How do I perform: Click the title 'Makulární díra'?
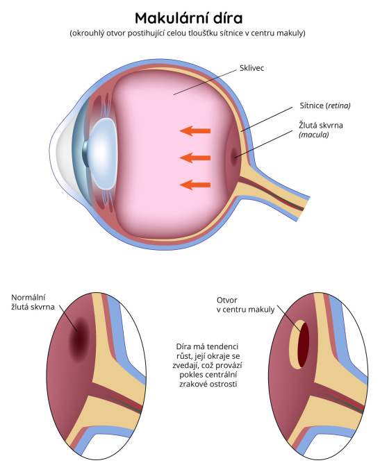(x=189, y=18)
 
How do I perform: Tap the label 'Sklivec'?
(x=251, y=68)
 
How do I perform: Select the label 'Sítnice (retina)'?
(x=325, y=106)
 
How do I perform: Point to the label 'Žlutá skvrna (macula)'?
(x=321, y=130)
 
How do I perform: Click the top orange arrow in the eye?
(x=195, y=131)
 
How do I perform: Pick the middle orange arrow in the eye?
(x=195, y=158)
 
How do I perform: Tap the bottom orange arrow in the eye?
(x=195, y=185)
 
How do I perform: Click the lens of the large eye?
(x=103, y=153)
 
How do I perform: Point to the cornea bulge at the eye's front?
(x=62, y=153)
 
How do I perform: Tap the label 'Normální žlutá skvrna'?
(x=33, y=302)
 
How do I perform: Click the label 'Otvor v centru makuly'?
(x=246, y=305)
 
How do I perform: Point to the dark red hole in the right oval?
(x=304, y=345)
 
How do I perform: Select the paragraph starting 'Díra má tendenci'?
(x=208, y=365)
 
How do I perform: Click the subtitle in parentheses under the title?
(x=188, y=33)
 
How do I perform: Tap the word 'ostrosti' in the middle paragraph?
(x=224, y=384)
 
